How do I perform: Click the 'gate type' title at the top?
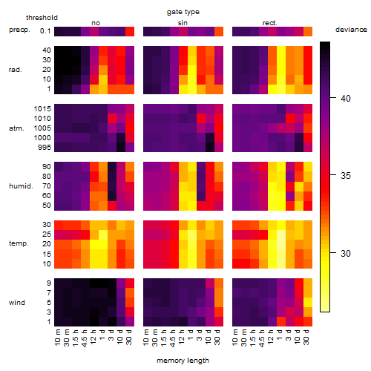tap(183, 12)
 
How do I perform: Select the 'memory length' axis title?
tap(183, 361)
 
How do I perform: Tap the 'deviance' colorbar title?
tap(351, 30)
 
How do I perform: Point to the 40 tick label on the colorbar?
tap(346, 99)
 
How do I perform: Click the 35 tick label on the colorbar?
tap(346, 176)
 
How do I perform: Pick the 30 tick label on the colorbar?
tap(346, 253)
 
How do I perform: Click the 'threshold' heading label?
tap(42, 18)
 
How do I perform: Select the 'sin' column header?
tap(183, 23)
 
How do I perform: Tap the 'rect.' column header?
tap(269, 23)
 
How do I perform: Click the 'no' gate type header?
tap(96, 23)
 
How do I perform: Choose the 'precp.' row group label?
tap(19, 30)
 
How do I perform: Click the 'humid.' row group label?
tap(21, 186)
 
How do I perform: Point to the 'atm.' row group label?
tap(16, 128)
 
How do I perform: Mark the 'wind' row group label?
tap(17, 303)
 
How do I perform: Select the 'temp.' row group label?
tap(19, 243)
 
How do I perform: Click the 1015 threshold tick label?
tap(42, 109)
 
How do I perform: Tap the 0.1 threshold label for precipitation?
tap(45, 31)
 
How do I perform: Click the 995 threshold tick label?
tap(45, 148)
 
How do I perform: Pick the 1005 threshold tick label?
tap(42, 128)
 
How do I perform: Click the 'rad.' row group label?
tap(16, 70)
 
